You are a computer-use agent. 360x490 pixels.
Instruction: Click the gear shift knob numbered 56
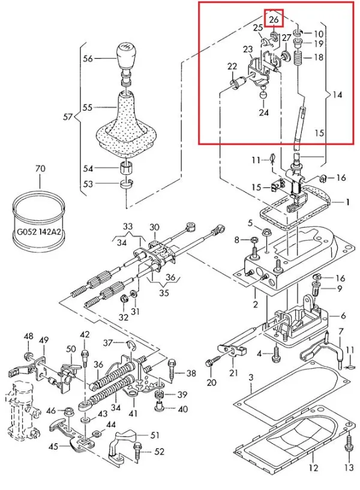click(126, 57)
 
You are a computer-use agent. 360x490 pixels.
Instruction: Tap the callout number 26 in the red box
click(274, 20)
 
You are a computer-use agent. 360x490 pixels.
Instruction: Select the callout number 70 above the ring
click(40, 169)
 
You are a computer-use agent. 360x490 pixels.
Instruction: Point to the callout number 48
click(28, 337)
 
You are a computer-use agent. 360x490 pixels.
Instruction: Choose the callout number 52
click(160, 452)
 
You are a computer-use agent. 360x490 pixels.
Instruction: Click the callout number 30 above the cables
click(155, 228)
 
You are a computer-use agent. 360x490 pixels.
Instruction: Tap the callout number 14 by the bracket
click(337, 95)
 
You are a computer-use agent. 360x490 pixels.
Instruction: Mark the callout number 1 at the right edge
click(346, 202)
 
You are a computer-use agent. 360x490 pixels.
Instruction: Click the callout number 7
click(340, 331)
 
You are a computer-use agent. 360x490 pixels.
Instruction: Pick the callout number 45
click(52, 446)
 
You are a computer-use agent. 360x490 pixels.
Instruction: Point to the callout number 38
click(191, 374)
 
